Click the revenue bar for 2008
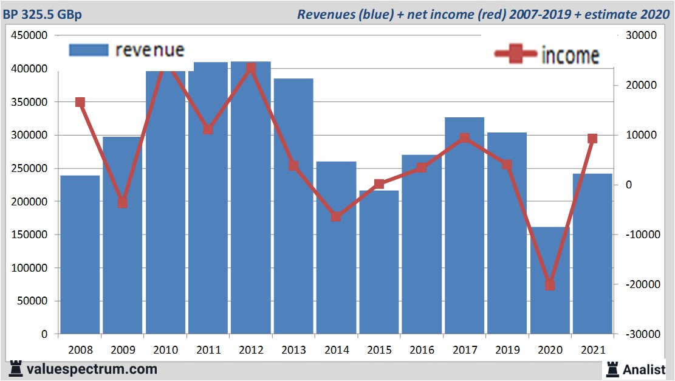tap(80, 255)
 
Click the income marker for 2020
tap(550, 285)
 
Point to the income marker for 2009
tap(123, 203)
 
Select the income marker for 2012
tap(251, 69)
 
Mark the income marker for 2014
tap(336, 216)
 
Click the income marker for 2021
tap(592, 139)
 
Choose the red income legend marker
tap(516, 54)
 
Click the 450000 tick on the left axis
tap(30, 36)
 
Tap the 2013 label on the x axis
tap(293, 351)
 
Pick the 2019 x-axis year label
tap(507, 351)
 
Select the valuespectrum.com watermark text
tap(92, 369)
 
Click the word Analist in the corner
tap(646, 369)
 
